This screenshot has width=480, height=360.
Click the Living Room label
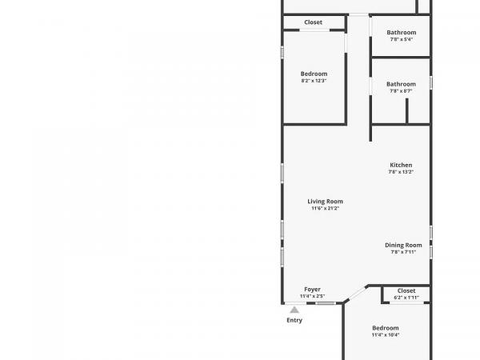point(325,202)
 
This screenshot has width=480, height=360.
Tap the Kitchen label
point(401,165)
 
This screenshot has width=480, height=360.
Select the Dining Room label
point(403,246)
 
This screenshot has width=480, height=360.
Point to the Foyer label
point(312,290)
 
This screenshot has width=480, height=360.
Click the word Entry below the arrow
point(294,320)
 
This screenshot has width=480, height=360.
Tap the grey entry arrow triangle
point(294,310)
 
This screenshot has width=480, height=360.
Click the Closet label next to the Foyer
point(406,291)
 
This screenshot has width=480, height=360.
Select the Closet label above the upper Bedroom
point(313,22)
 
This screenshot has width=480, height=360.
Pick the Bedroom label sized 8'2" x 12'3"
point(314,74)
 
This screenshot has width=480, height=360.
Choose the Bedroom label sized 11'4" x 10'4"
point(386,328)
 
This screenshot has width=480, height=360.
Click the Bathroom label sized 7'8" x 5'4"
point(402,33)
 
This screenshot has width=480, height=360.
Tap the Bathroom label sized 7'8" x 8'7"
point(401,84)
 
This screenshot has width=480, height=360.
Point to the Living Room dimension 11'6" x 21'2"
point(325,209)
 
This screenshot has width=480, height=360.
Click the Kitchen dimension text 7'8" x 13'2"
point(401,172)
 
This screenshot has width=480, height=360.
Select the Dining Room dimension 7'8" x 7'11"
point(403,252)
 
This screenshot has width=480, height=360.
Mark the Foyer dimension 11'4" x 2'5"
point(312,296)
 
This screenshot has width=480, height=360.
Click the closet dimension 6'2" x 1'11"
point(406,298)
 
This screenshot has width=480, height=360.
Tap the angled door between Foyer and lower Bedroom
point(356,294)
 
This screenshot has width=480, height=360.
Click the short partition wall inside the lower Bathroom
point(407,111)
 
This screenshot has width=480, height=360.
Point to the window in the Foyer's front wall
point(326,303)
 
